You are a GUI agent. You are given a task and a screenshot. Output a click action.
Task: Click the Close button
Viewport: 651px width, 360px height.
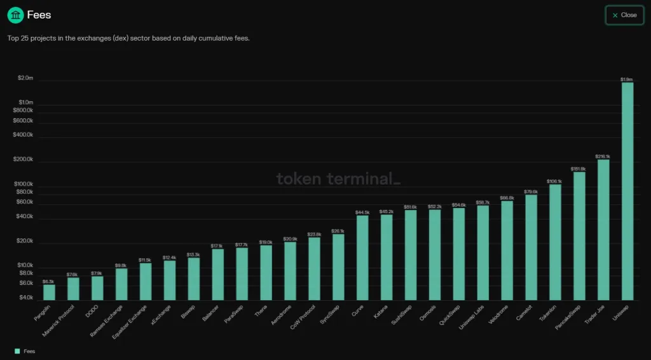[624, 15]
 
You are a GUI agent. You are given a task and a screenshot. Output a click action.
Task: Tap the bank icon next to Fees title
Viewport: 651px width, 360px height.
[15, 15]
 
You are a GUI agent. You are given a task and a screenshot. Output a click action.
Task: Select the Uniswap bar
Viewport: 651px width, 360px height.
[627, 191]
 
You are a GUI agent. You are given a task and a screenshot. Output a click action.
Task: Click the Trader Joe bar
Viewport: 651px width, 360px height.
[603, 230]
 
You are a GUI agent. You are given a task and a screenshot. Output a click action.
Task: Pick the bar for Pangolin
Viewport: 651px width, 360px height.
[49, 292]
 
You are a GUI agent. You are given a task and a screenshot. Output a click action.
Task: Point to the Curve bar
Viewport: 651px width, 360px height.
[362, 258]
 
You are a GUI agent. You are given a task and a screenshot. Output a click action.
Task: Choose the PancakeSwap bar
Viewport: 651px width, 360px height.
[579, 236]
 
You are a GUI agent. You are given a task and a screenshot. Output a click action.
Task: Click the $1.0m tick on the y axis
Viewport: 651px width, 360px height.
[25, 102]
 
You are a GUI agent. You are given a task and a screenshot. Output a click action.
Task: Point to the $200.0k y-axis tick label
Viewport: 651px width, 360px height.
[23, 160]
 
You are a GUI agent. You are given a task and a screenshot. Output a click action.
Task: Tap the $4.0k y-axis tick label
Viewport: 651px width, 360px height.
[25, 298]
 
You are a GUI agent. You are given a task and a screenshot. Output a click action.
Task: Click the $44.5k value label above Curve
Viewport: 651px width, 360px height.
[362, 212]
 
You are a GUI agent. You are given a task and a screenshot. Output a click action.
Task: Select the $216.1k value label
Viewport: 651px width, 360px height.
[603, 156]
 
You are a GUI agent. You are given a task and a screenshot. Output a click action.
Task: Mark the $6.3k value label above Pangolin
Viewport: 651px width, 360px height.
[48, 281]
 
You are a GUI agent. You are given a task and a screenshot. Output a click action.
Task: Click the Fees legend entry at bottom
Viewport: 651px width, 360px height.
[25, 351]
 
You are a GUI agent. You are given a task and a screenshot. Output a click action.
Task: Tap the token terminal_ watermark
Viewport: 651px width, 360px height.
[338, 179]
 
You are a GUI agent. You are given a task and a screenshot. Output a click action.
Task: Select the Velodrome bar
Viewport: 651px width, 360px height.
[507, 251]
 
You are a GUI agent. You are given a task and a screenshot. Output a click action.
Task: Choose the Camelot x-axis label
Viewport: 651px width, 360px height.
[524, 313]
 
